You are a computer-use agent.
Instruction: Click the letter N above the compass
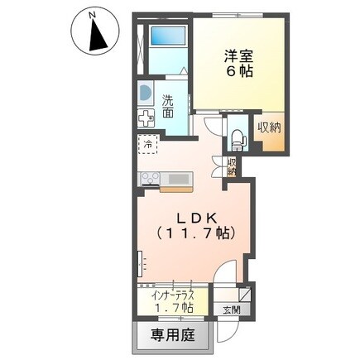[x=93, y=13]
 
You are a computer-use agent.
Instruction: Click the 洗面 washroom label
[x=169, y=106]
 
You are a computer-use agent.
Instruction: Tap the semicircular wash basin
[x=144, y=94]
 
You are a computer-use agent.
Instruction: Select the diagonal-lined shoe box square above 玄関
[x=244, y=293]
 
